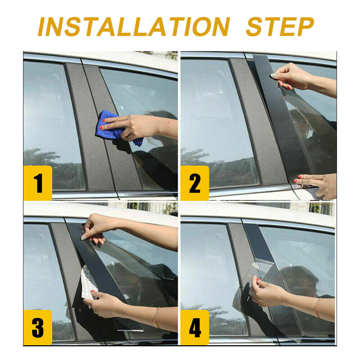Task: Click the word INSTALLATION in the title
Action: tap(134, 27)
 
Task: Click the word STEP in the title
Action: tap(280, 27)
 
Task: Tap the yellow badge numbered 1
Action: tap(38, 183)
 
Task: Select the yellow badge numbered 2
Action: tap(195, 183)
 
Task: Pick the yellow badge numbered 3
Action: tap(38, 327)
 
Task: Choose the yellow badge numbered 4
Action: tap(195, 327)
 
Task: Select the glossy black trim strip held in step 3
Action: tap(99, 266)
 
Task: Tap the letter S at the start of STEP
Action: tap(255, 27)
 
